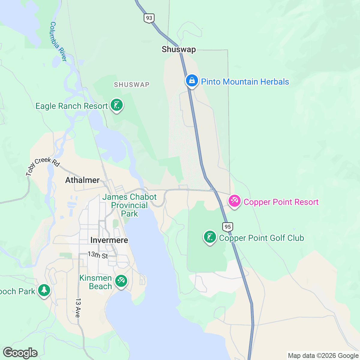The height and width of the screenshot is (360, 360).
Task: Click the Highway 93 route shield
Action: click(x=149, y=18)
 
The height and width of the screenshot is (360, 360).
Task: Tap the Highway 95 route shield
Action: click(x=228, y=226)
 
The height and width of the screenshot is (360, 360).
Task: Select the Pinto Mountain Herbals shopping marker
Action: click(x=192, y=81)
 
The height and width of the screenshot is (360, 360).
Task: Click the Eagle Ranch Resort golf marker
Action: click(x=117, y=105)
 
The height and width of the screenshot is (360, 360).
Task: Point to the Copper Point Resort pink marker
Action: click(x=234, y=201)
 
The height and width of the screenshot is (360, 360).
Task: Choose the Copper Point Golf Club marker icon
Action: click(x=210, y=237)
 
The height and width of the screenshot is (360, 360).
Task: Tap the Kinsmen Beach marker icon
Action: click(x=121, y=281)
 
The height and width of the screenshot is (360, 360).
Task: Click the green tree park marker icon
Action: click(x=44, y=290)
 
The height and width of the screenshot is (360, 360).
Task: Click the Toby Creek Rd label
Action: click(x=43, y=166)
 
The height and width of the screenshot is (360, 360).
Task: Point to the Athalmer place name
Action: click(x=82, y=180)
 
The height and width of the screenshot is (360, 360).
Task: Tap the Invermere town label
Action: click(x=109, y=240)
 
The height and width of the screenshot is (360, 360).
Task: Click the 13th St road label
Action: click(x=98, y=255)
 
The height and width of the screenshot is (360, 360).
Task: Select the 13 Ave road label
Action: click(x=78, y=308)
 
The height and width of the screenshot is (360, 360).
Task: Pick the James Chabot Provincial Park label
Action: click(x=130, y=205)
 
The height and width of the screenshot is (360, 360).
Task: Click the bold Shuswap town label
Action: click(x=179, y=49)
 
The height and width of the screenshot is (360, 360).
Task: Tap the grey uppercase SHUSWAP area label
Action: click(x=132, y=85)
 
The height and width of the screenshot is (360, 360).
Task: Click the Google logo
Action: click(x=20, y=353)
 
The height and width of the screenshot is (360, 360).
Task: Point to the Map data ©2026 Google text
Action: click(x=323, y=356)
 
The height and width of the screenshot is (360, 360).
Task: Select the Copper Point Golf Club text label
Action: click(x=262, y=238)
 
